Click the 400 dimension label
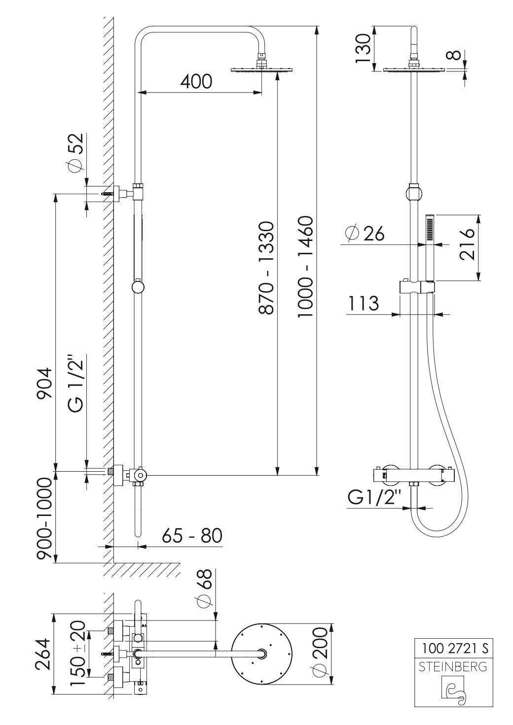[196, 81]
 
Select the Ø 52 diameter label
[75, 153]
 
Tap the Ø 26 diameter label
[365, 234]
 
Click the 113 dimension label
[364, 304]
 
